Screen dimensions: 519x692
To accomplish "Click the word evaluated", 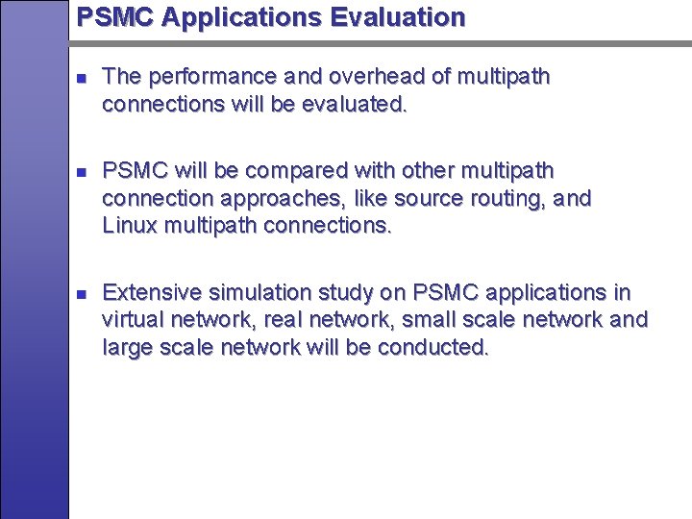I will tap(353, 104).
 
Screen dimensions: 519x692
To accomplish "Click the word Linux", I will tap(129, 227).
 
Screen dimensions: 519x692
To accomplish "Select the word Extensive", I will tap(147, 292).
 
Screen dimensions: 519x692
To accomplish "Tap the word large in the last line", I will tap(126, 348).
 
